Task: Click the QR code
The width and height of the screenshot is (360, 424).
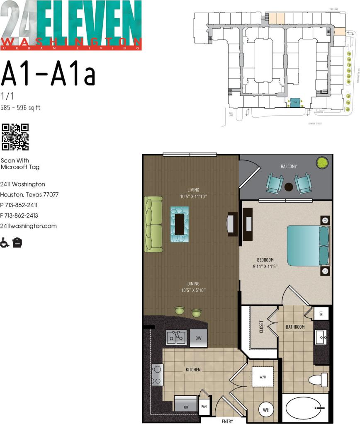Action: [x=15, y=137]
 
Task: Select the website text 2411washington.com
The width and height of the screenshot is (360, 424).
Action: [x=28, y=226]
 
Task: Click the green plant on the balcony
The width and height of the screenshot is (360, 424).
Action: [x=321, y=162]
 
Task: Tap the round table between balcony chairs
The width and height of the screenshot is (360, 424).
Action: [x=289, y=187]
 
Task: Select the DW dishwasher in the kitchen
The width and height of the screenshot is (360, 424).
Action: [x=199, y=338]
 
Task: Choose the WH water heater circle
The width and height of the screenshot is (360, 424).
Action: [x=266, y=410]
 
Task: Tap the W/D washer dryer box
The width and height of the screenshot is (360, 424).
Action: [x=263, y=377]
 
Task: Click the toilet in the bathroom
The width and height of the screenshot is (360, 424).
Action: [x=319, y=379]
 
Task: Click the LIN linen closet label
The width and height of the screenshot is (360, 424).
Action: [x=321, y=314]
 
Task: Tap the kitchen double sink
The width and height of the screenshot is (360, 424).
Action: [x=176, y=338]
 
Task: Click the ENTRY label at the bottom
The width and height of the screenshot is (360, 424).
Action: [x=227, y=421]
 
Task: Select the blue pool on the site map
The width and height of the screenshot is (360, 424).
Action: [x=295, y=103]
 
